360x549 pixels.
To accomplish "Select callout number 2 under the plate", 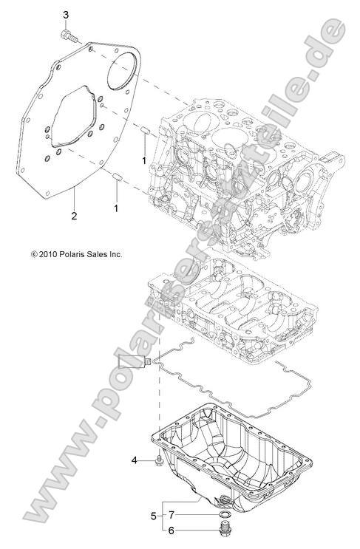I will point(74,216).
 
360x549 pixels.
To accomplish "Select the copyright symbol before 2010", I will point(34,253).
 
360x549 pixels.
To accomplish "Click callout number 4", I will point(134,460).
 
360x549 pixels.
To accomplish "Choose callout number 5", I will point(154,515).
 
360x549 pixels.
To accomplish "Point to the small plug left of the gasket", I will point(147,361).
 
